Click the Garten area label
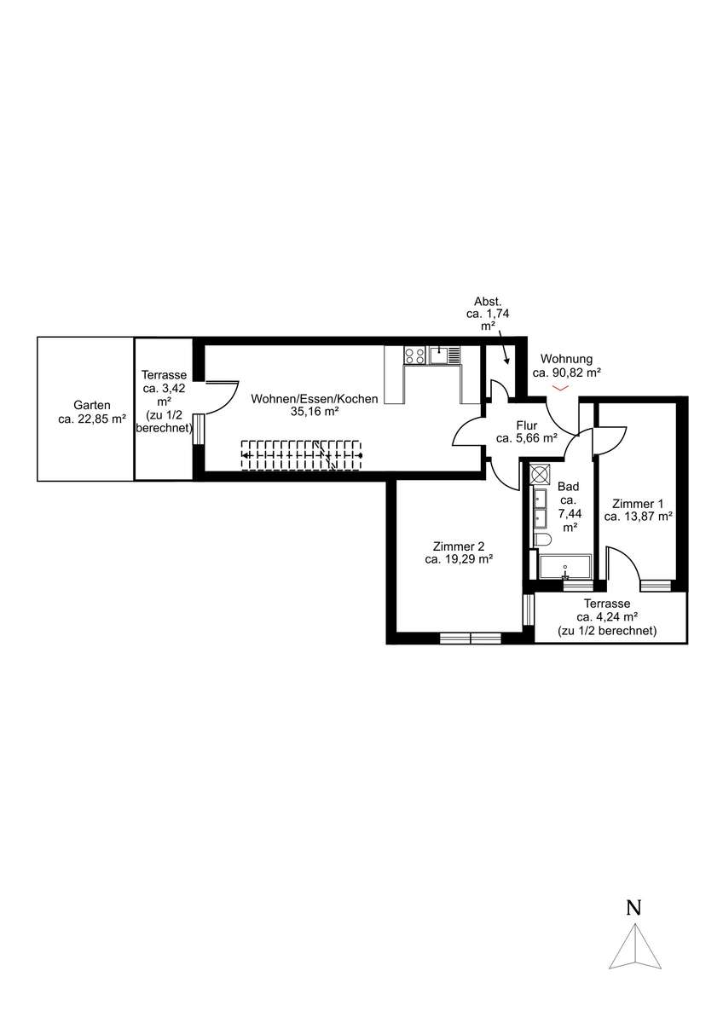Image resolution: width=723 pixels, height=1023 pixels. click(x=92, y=412)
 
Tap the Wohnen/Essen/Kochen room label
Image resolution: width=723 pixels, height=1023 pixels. click(x=315, y=405)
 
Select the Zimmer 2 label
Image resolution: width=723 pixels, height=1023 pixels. click(x=459, y=552)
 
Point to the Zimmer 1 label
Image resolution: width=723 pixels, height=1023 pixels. click(x=638, y=510)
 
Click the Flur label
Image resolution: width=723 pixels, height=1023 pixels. click(x=527, y=432)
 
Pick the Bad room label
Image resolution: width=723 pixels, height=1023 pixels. click(x=569, y=507)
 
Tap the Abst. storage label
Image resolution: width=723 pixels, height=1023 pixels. click(x=488, y=315)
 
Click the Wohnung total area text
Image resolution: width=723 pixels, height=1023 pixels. click(x=566, y=366)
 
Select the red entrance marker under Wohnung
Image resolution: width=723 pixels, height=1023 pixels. click(x=560, y=388)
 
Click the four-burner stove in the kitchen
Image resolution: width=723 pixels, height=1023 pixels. click(x=414, y=355)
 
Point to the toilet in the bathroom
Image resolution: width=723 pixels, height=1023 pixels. click(x=542, y=540)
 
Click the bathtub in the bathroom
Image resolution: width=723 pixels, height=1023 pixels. click(x=565, y=567)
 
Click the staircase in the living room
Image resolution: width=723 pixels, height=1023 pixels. click(x=302, y=455)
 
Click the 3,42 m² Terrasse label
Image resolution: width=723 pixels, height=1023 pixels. click(x=164, y=402)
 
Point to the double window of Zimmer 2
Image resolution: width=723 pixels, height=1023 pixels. click(x=471, y=638)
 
